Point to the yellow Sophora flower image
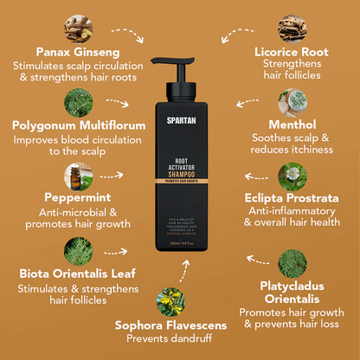click(x=179, y=299)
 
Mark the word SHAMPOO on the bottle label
click(x=180, y=171)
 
